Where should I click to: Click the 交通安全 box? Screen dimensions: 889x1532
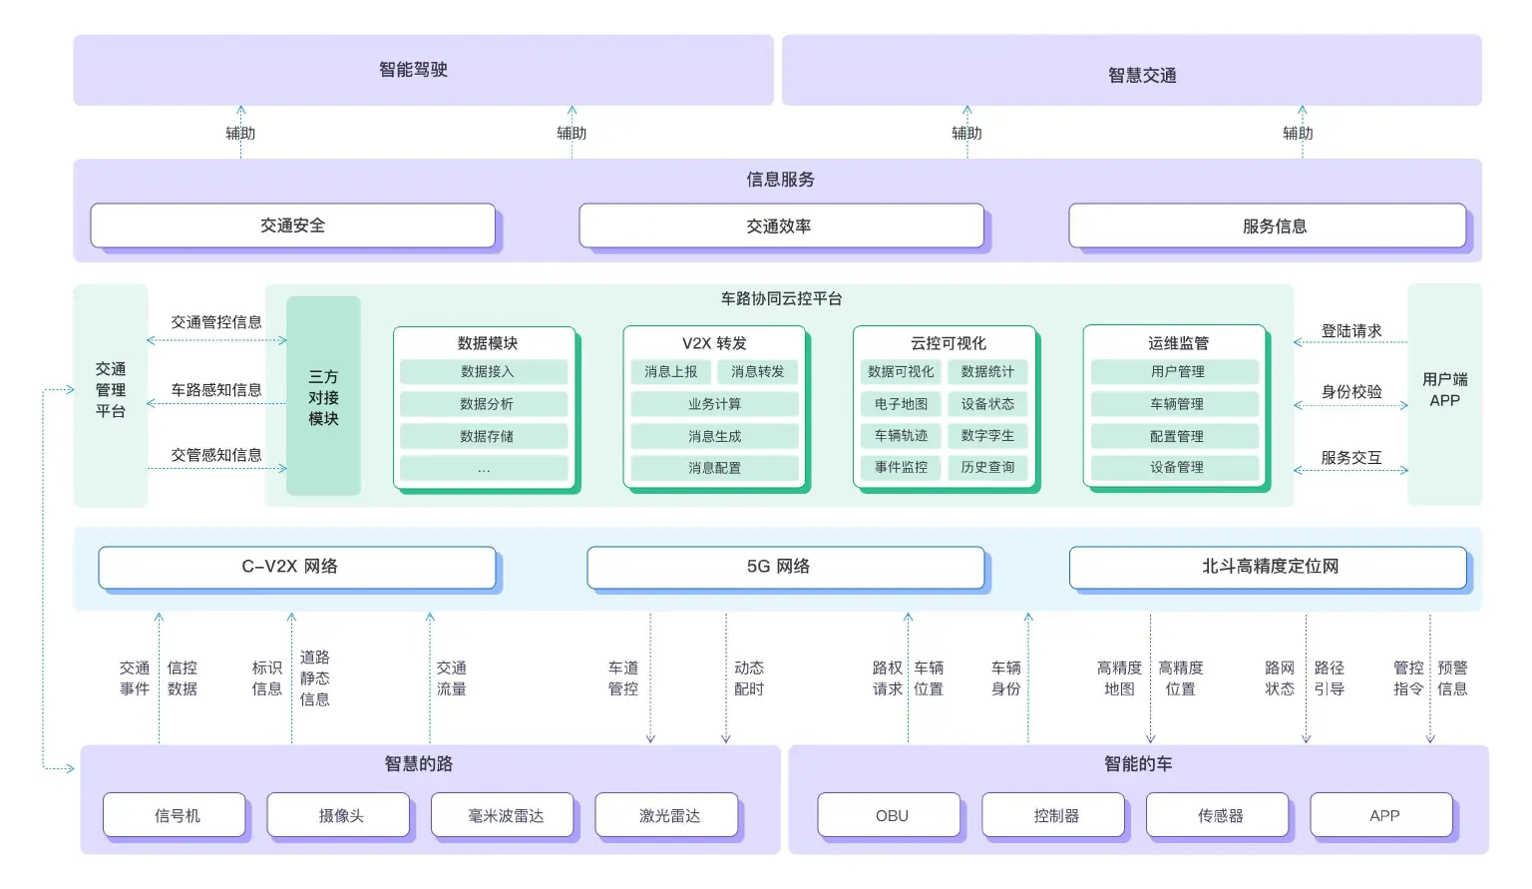[292, 225]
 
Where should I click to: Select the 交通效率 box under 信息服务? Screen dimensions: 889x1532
[779, 226]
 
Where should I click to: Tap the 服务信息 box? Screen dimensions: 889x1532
[1267, 226]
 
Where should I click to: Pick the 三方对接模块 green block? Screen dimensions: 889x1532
[323, 396]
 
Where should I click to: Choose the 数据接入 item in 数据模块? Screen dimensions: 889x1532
[485, 372]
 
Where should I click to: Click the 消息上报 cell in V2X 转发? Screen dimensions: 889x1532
[670, 372]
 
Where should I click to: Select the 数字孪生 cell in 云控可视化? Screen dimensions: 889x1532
[987, 436]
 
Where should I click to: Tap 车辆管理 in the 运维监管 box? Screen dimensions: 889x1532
[1176, 404]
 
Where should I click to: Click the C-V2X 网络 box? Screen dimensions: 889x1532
[296, 567]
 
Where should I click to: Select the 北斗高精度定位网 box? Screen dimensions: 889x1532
[1268, 567]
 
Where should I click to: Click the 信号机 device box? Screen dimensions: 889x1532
[176, 815]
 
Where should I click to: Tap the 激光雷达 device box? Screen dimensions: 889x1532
[668, 815]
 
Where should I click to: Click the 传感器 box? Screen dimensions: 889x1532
[1219, 815]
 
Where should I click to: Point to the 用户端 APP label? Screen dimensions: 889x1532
[1444, 390]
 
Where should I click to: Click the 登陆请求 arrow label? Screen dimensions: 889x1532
[1350, 331]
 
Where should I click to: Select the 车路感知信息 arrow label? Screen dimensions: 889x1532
[216, 390]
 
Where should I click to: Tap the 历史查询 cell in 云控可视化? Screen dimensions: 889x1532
[987, 467]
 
